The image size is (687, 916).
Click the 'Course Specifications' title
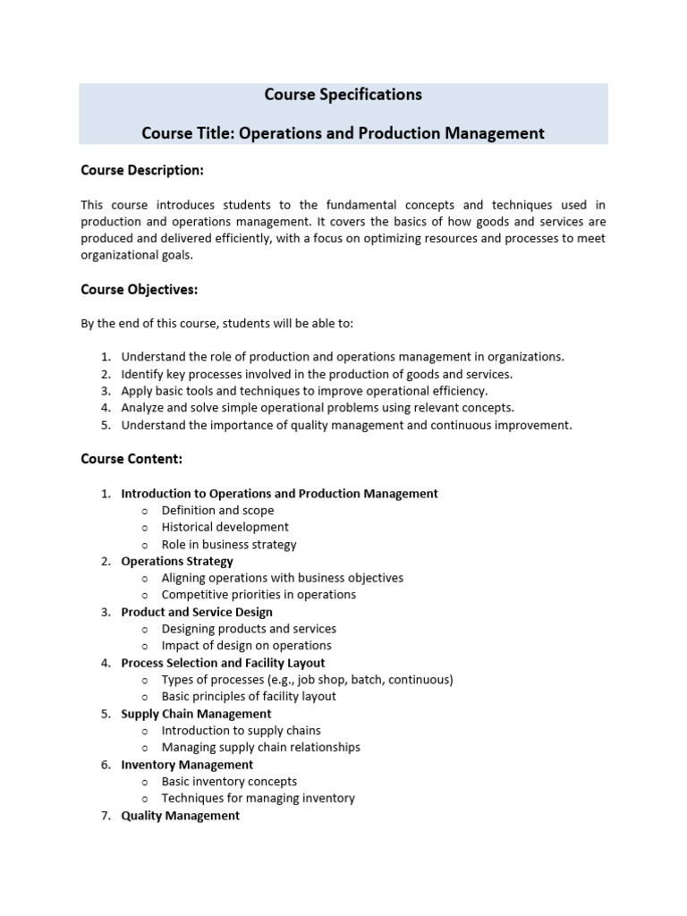coord(343,94)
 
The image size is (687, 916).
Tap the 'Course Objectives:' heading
coord(139,289)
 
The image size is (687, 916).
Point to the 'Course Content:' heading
coord(131,459)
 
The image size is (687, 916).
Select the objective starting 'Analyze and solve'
coord(318,408)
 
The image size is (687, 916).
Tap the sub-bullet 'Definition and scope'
coord(217,510)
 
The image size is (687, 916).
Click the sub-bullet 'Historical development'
coord(225,527)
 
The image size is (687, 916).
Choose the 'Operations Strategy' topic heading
coord(177,561)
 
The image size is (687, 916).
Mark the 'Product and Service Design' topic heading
coord(197,612)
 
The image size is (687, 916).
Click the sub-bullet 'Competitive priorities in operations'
coord(259,595)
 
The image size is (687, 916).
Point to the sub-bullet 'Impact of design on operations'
coord(246,646)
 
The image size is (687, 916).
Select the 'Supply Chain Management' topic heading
coord(196,714)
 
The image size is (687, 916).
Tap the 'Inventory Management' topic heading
coord(187,765)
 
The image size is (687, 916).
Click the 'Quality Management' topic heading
coord(180,816)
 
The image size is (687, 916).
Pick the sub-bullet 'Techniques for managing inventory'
coord(258,798)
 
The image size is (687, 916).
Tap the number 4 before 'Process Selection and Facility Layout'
coord(105,663)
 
